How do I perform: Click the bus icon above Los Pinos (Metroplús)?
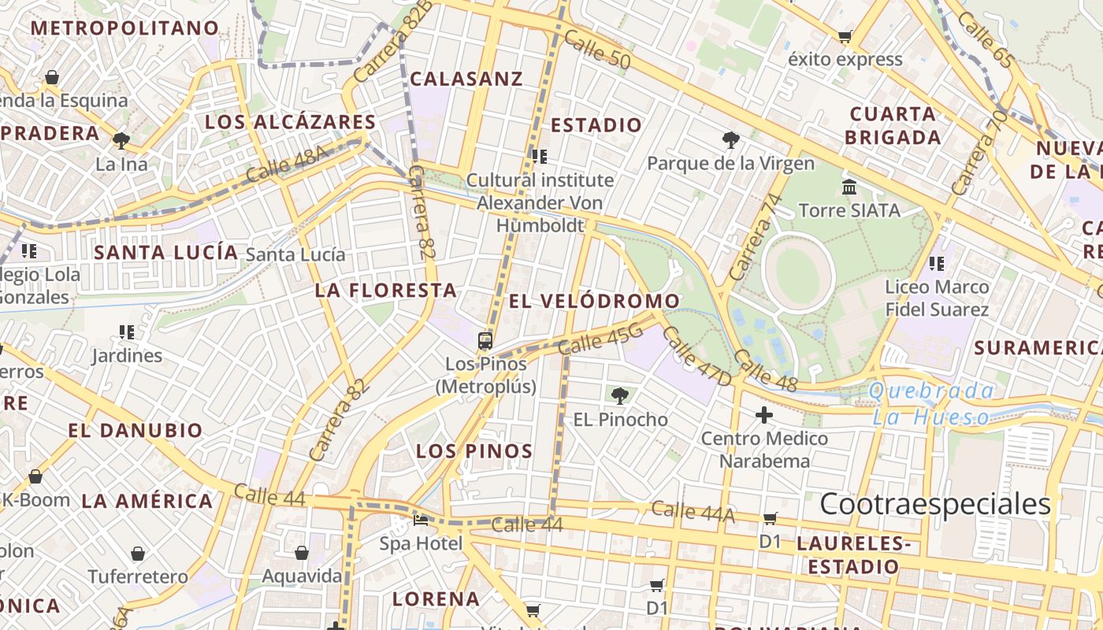point(485,341)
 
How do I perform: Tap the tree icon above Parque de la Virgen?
point(731,140)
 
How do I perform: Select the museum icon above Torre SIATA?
point(849,187)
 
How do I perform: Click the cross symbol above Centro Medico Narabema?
point(763,414)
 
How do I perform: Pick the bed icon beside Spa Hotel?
point(421,521)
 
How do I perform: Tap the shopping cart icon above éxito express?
point(845,36)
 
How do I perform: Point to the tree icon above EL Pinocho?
point(620,395)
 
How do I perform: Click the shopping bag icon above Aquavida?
point(301,554)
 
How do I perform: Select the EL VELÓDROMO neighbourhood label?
point(594,301)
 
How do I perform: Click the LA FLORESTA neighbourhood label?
point(386,290)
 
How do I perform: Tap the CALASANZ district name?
point(466,79)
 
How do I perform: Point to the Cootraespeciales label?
point(935,504)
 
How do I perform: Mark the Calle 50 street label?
point(598,50)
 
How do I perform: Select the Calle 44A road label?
point(693,512)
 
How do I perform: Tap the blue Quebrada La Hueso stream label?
point(931,404)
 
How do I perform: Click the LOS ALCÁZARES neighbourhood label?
point(290,122)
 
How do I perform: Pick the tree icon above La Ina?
point(121,141)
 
